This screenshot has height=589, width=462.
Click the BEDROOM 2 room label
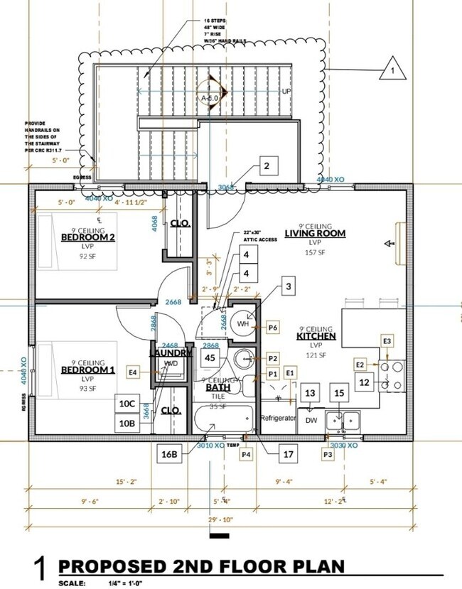coord(88,237)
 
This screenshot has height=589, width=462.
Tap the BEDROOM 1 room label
coord(87,370)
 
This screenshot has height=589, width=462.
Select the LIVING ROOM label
coord(315,233)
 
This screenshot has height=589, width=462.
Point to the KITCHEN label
coord(316,336)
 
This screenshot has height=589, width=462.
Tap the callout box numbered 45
coord(210,358)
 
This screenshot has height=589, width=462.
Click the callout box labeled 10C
coord(127,404)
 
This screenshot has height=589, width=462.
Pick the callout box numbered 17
coord(288,453)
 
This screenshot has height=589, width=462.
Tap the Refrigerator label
coord(278,418)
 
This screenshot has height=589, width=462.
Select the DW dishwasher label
coord(310,419)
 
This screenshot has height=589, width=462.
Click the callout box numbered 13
coord(310,393)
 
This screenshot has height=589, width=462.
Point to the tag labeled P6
coord(273,328)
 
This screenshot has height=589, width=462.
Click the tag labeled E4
coord(132,372)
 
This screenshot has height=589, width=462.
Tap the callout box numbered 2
coord(266,168)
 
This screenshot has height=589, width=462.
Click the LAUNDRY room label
coord(171,352)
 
